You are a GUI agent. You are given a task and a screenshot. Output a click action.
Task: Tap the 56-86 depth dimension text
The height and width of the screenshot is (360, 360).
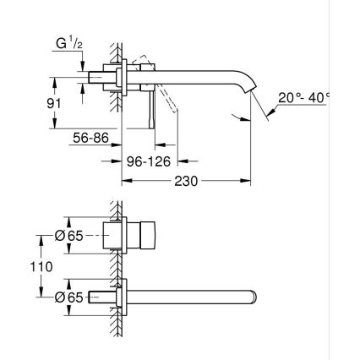tap(90, 137)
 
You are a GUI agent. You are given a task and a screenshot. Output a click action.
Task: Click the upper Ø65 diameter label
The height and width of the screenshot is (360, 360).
tap(71, 237)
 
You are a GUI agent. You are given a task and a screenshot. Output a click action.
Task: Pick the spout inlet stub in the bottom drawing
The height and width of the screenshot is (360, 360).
tap(102, 296)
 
